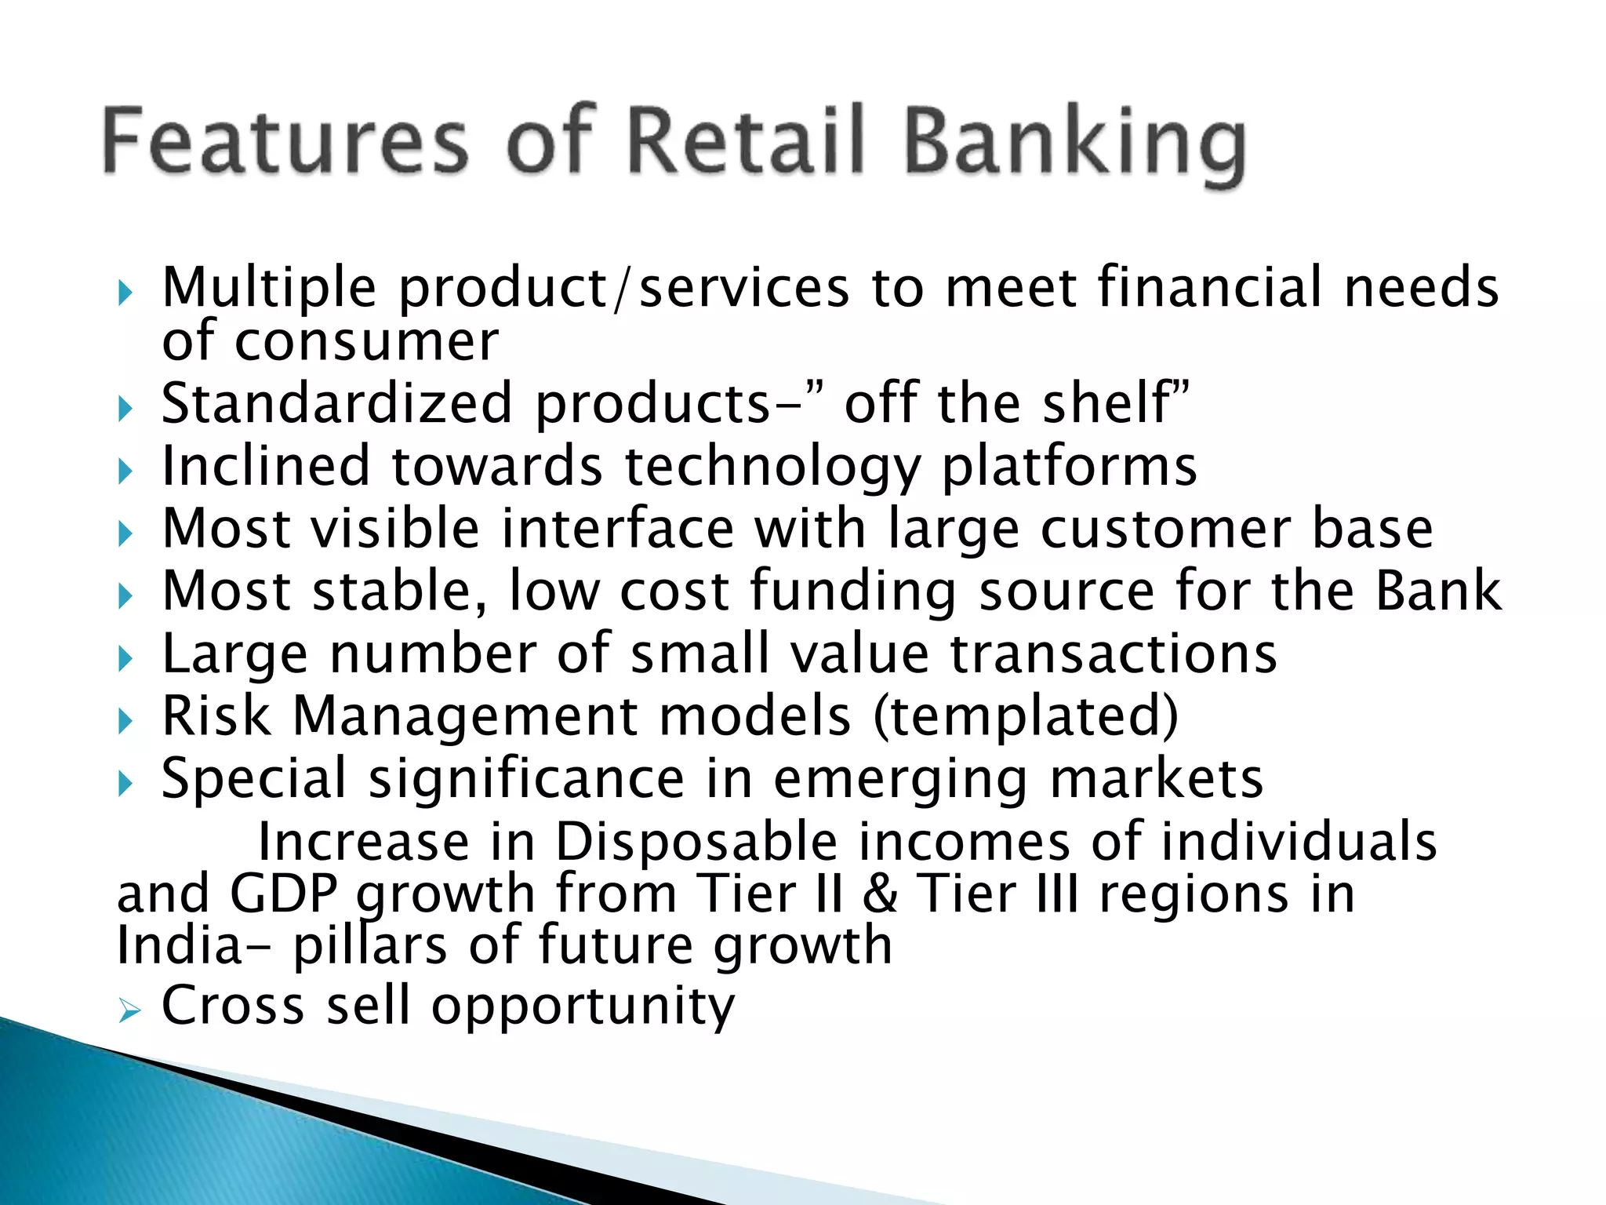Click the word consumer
[x=366, y=343]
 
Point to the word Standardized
[x=337, y=404]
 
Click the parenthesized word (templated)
[x=1026, y=717]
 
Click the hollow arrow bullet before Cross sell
[x=129, y=1012]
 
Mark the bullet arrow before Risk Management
[x=125, y=720]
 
